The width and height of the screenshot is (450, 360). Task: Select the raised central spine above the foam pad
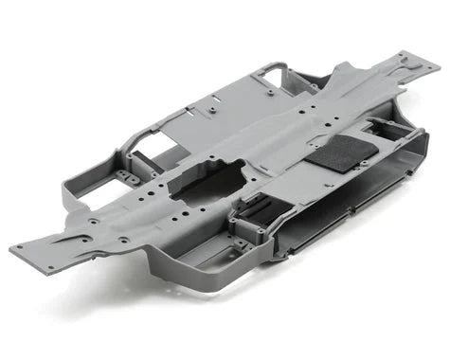[x=284, y=133]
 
